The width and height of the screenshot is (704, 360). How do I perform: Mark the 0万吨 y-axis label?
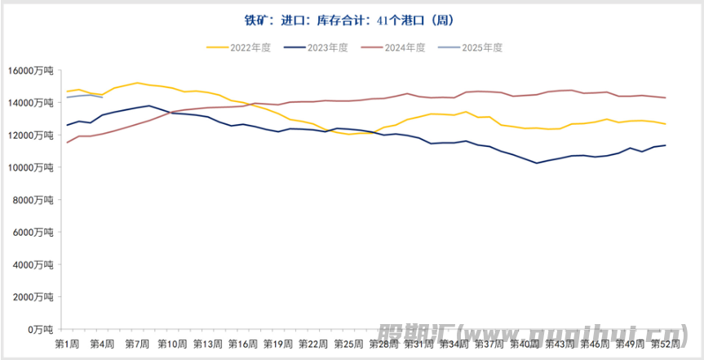pyautogui.click(x=40, y=329)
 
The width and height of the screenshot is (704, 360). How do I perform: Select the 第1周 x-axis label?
pyautogui.click(x=67, y=344)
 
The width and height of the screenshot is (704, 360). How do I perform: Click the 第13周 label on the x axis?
pyautogui.click(x=208, y=344)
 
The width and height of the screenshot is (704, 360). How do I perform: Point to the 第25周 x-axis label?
pyautogui.click(x=348, y=344)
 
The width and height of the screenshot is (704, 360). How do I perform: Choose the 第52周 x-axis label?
pyautogui.click(x=666, y=344)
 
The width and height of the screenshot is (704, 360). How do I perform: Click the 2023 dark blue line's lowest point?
pyautogui.click(x=536, y=163)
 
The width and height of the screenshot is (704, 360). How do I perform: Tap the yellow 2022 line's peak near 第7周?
pyautogui.click(x=137, y=82)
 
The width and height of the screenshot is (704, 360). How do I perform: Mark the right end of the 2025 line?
pyautogui.click(x=102, y=97)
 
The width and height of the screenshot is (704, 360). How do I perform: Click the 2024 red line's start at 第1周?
pyautogui.click(x=67, y=143)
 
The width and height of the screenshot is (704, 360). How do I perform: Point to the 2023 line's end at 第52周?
pyautogui.click(x=666, y=145)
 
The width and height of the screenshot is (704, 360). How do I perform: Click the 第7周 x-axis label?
pyautogui.click(x=137, y=344)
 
